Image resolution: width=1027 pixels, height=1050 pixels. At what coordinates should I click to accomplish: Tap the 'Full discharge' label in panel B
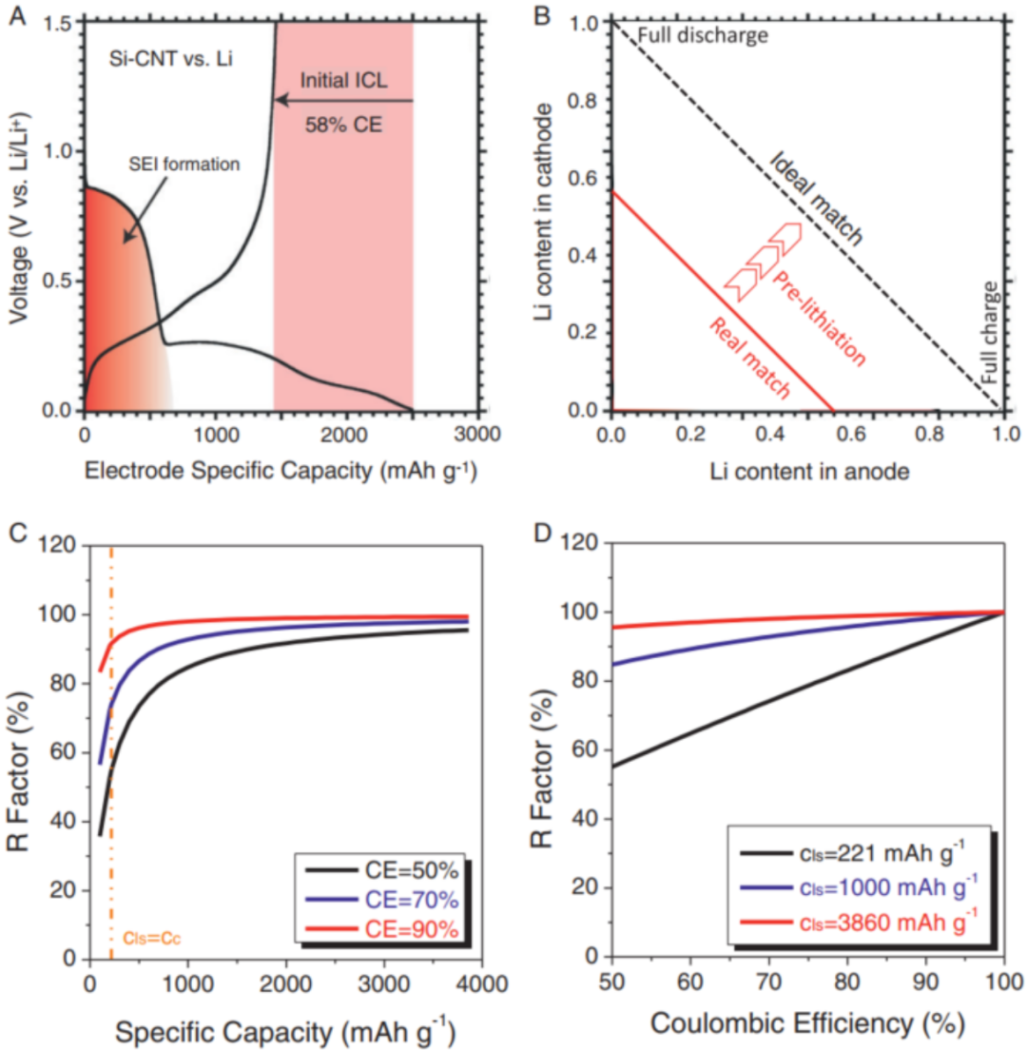(x=702, y=35)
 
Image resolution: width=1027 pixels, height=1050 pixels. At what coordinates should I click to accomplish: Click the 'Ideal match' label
(x=816, y=199)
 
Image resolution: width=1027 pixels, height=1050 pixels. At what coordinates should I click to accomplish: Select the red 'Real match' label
(x=749, y=357)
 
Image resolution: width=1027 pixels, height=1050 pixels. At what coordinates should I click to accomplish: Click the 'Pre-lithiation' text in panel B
(x=819, y=320)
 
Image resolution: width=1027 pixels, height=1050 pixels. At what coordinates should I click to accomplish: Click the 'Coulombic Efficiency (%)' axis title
(x=807, y=1024)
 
